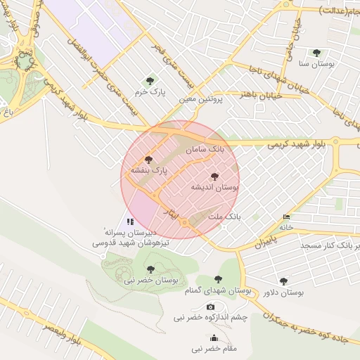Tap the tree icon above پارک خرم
click(148, 80)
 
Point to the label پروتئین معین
click(200, 100)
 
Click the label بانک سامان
click(205, 150)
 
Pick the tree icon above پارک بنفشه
click(147, 160)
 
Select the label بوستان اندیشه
click(215, 188)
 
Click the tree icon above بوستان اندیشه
click(214, 176)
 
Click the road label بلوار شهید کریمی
click(296, 144)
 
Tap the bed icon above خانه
click(285, 217)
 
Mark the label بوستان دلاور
click(283, 292)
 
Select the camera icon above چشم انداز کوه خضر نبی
click(210, 307)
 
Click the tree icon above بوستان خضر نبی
click(149, 269)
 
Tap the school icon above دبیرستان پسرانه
click(130, 221)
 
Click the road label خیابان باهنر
click(262, 94)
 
